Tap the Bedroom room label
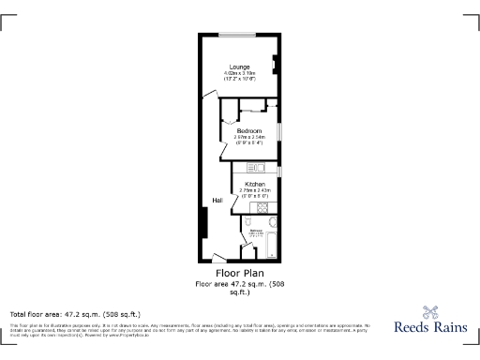tap(249, 130)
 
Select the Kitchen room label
tap(254, 184)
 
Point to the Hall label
tap(217, 201)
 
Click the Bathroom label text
tap(255, 229)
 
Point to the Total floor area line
tap(75, 313)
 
